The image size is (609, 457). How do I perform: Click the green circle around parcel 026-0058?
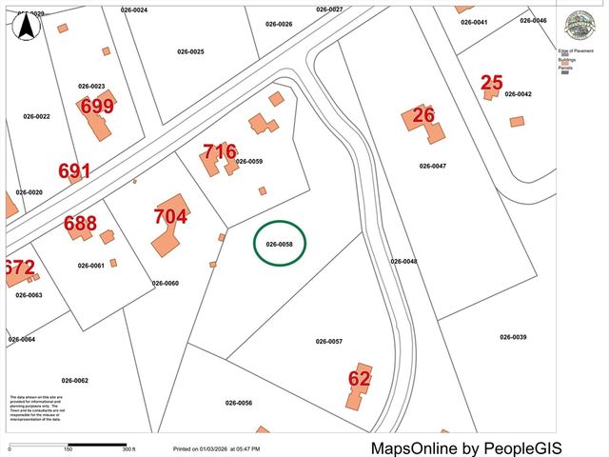tap(281, 244)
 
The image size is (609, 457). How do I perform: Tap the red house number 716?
tap(220, 152)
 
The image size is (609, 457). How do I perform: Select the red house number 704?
tap(170, 216)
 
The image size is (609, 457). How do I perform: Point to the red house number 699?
tap(97, 106)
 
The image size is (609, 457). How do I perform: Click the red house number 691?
tap(74, 171)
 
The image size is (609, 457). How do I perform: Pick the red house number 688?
tap(80, 225)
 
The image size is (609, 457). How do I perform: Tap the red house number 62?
tap(359, 379)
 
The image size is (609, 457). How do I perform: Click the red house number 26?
tap(423, 116)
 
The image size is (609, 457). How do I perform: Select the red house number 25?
tap(491, 83)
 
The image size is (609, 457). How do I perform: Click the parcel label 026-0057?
tap(329, 341)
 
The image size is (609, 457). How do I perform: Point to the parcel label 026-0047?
tap(433, 166)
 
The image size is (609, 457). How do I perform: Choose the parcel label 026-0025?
tap(191, 51)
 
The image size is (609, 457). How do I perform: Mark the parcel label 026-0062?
tap(74, 381)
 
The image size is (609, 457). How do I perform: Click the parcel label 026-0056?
tap(239, 403)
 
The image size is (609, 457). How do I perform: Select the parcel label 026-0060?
tap(166, 283)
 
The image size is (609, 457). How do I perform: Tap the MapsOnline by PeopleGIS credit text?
tap(466, 447)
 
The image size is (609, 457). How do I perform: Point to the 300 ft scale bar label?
tap(128, 449)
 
